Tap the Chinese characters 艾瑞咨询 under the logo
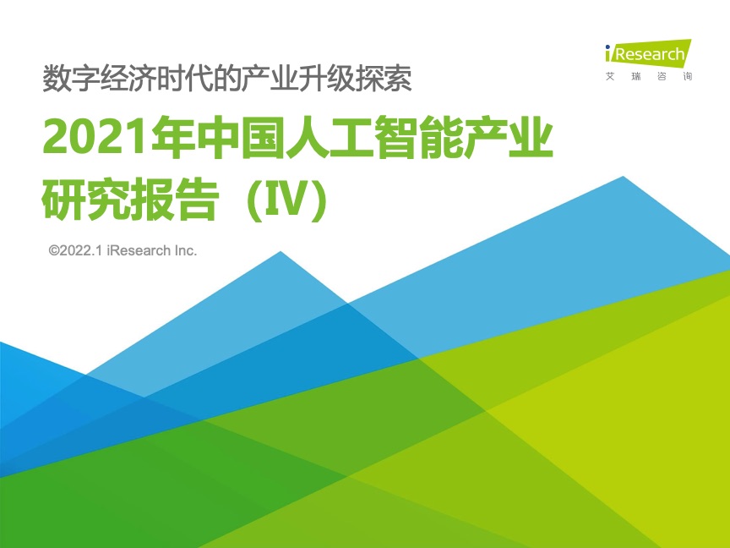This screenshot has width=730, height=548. [649, 76]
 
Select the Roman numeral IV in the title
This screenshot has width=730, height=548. [286, 201]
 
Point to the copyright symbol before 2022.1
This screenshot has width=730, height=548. [54, 250]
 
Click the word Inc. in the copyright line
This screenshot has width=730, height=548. [186, 250]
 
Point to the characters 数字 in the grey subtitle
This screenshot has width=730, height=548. [71, 79]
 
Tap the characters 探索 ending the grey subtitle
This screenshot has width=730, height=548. [384, 79]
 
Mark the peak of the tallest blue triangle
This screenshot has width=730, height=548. [623, 177]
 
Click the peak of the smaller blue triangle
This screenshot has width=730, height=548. [281, 252]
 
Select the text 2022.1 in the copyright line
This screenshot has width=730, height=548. [80, 250]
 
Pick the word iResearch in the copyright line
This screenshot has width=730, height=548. [139, 250]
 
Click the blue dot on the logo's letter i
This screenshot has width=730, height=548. [607, 47]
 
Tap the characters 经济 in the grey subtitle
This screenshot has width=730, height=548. [128, 79]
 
